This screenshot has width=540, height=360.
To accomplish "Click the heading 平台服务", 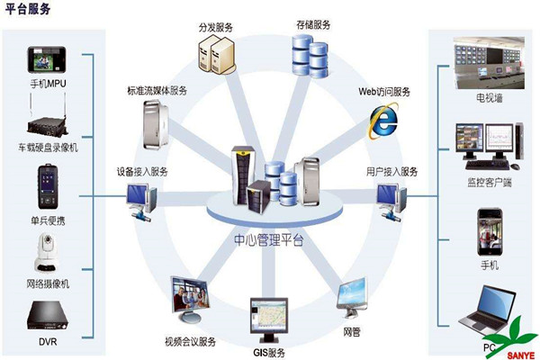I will click(26, 10).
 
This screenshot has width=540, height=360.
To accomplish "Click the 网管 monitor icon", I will click(352, 298).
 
